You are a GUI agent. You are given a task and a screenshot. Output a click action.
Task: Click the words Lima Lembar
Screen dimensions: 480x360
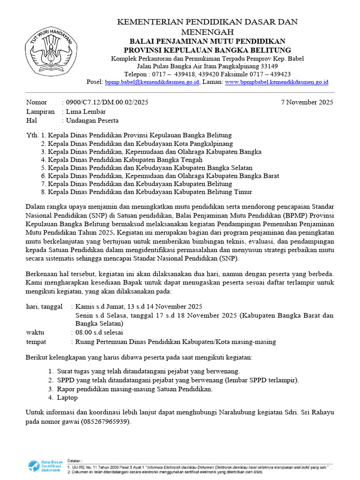[x=86, y=112]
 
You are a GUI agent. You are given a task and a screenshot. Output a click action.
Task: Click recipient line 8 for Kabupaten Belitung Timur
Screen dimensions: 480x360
[x=150, y=192]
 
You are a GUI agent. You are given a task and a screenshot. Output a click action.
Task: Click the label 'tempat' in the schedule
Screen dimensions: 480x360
[x=36, y=342]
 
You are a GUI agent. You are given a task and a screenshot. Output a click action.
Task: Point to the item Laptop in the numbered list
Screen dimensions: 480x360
[x=68, y=397]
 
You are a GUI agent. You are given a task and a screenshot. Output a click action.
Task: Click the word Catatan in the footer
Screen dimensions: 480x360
[x=75, y=461]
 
